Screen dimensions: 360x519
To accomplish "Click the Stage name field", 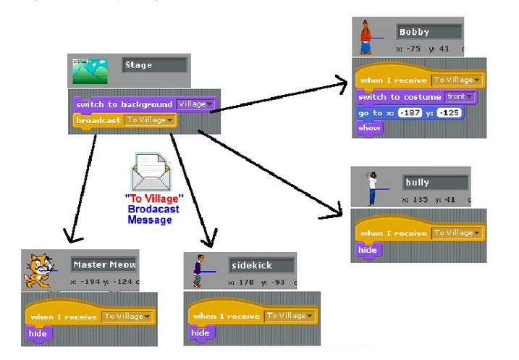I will pyautogui.click(x=154, y=65).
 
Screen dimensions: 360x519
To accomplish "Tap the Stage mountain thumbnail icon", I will pyautogui.click(x=90, y=72).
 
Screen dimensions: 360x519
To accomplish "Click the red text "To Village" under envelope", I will pyautogui.click(x=154, y=198).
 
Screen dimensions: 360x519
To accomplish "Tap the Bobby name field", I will pyautogui.click(x=429, y=32).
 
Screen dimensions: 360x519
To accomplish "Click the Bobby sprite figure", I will pyautogui.click(x=367, y=38).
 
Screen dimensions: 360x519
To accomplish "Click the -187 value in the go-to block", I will pyautogui.click(x=409, y=114).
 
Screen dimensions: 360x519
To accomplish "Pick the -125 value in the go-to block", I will pyautogui.click(x=450, y=114).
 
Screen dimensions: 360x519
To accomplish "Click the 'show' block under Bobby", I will pyautogui.click(x=369, y=128).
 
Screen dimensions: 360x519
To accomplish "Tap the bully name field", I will pyautogui.click(x=435, y=183).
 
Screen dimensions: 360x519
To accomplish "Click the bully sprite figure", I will pyautogui.click(x=371, y=188).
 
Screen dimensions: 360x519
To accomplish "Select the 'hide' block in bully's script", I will pyautogui.click(x=368, y=250).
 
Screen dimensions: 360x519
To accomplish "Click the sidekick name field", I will pyautogui.click(x=261, y=265).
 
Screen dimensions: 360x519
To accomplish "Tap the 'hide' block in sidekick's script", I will pyautogui.click(x=201, y=333).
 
